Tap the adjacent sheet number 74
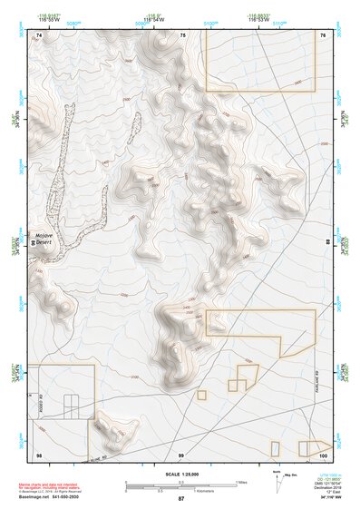(39, 34)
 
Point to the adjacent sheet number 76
(324, 34)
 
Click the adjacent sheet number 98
(39, 454)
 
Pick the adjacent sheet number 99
(181, 454)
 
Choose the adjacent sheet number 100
(323, 454)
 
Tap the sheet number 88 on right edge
(328, 243)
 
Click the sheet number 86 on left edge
(34, 243)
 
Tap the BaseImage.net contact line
(50, 497)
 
